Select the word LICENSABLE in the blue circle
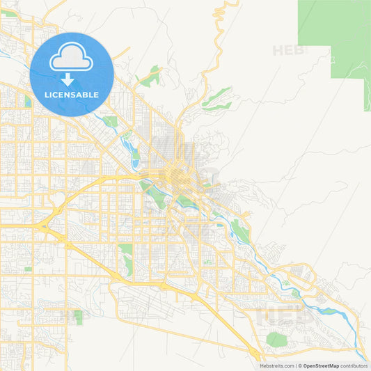(72, 95)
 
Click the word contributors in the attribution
(354, 365)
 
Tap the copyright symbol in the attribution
(300, 365)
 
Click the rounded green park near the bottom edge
(276, 340)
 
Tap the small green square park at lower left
(77, 317)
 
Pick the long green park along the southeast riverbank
(241, 229)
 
